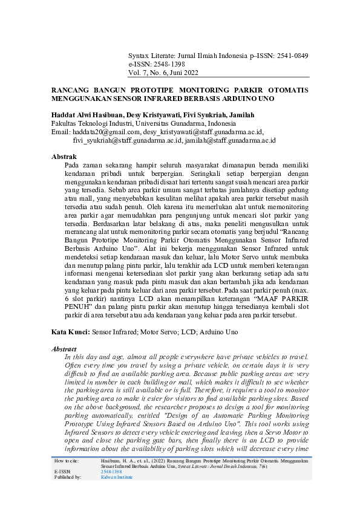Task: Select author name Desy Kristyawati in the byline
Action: click(163, 115)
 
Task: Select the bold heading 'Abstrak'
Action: click(64, 157)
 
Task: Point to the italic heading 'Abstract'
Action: click(65, 349)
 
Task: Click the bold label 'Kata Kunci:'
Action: click(70, 332)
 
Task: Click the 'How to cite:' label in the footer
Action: click(66, 461)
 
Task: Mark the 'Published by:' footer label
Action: click(68, 476)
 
